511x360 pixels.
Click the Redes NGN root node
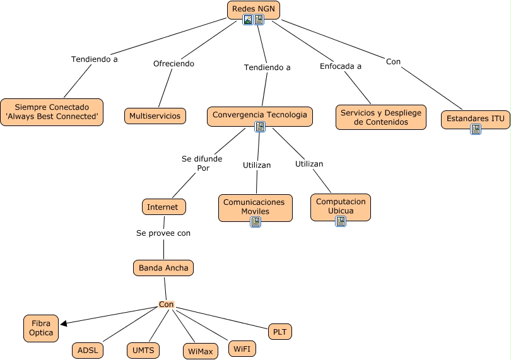tap(253, 9)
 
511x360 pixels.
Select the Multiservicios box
tap(155, 116)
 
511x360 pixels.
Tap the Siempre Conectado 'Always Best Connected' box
tap(52, 112)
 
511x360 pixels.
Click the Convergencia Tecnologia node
tap(259, 115)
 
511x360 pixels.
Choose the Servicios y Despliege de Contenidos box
tap(380, 117)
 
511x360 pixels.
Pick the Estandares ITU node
tap(475, 119)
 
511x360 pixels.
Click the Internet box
tap(163, 207)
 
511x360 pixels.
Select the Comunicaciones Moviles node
tap(255, 207)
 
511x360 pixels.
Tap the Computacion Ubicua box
tap(341, 206)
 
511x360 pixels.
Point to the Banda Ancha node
tap(163, 268)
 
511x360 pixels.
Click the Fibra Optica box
tap(41, 328)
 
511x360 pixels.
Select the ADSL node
tap(88, 351)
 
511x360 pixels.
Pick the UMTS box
tap(143, 351)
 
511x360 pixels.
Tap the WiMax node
tap(201, 351)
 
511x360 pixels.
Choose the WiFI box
tap(241, 349)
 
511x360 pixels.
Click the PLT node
tap(280, 332)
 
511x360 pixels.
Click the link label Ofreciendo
tap(173, 64)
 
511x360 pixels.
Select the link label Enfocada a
tap(341, 66)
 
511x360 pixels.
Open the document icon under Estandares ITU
tap(476, 129)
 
